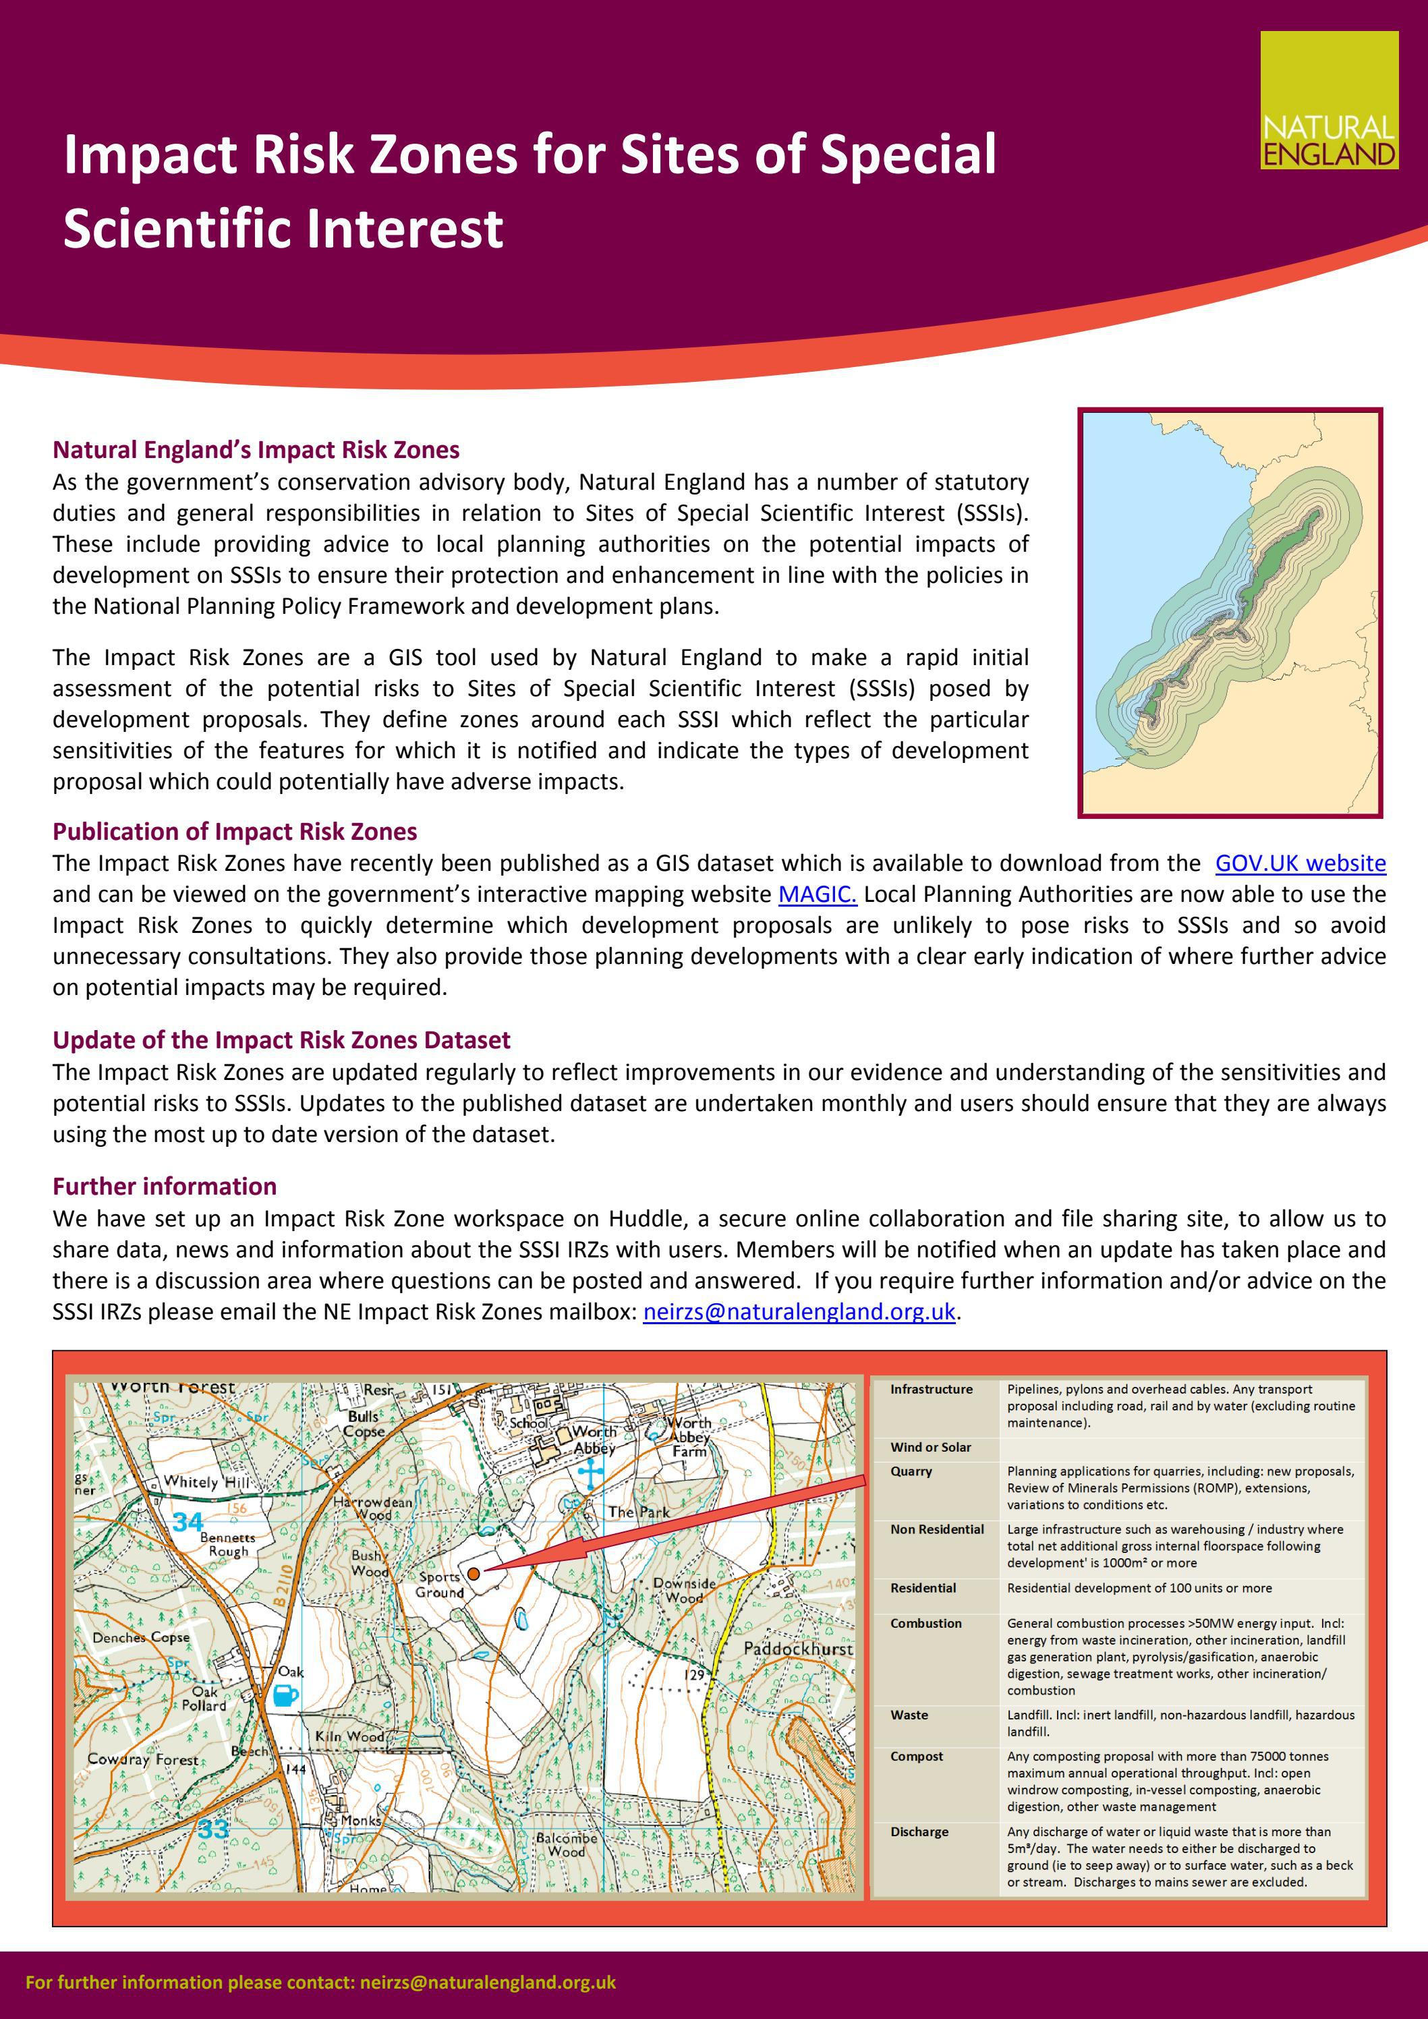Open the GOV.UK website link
coord(1300,863)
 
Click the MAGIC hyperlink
coord(817,894)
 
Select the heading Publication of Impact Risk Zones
coord(235,831)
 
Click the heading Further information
coord(165,1187)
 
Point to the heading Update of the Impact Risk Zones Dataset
coord(281,1040)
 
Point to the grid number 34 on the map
coord(188,1520)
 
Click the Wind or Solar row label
coord(930,1446)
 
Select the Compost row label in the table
coord(916,1756)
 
